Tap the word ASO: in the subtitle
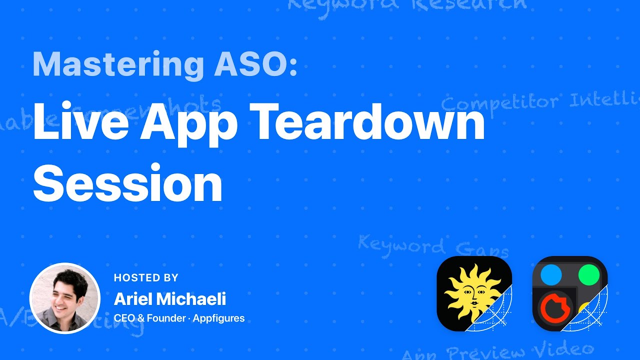coord(255,65)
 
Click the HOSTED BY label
coord(146,278)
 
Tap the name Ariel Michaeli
coord(170,299)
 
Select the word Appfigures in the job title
coord(219,318)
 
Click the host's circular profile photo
coord(65,298)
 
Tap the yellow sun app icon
coord(474,293)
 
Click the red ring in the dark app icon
coord(552,307)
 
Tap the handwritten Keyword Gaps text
coord(433,246)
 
